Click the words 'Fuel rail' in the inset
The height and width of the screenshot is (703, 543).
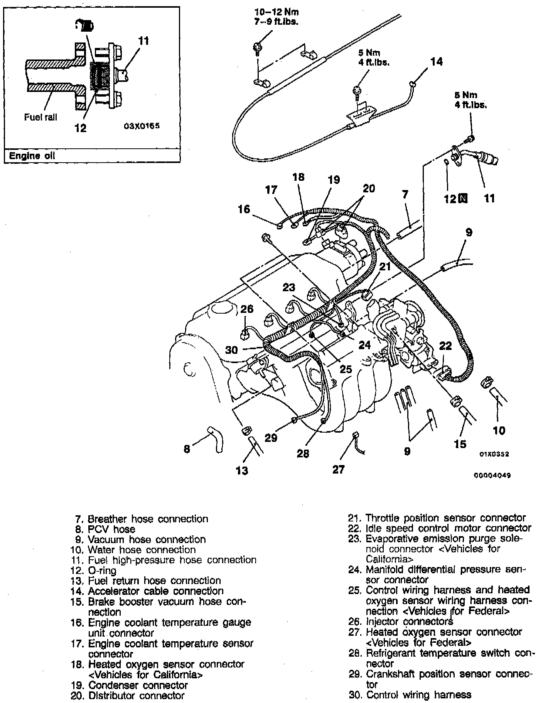40,117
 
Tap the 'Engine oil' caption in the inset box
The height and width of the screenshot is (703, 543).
32,156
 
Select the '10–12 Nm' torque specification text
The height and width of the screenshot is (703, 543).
274,12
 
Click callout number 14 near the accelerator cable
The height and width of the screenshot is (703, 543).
436,62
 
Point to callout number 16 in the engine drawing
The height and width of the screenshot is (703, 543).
244,209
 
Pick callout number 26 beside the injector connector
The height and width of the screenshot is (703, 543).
247,309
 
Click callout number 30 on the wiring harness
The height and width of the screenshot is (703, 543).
231,350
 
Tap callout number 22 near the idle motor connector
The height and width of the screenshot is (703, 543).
445,345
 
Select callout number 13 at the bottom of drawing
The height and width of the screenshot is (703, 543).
242,470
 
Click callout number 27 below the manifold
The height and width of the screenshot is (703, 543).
338,469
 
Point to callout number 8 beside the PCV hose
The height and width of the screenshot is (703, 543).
187,449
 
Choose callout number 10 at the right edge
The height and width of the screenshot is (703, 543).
499,430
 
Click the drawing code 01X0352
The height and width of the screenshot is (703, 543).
494,454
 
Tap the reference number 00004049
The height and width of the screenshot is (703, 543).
492,475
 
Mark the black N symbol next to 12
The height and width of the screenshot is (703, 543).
463,199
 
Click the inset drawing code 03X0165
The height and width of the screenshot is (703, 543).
142,126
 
